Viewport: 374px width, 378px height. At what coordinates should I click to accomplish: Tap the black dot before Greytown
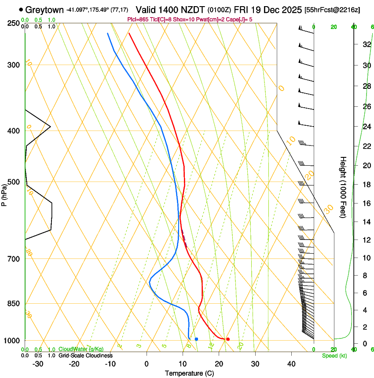tap(21, 9)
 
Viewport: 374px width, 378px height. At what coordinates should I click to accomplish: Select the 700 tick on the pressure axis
tap(14, 259)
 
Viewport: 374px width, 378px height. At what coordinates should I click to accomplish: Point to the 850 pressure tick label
tap(14, 304)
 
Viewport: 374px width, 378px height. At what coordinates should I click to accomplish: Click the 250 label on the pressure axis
tap(14, 23)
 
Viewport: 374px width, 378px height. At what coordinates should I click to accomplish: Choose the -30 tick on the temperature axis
tap(38, 364)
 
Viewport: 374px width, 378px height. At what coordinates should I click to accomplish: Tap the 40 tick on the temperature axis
tap(291, 364)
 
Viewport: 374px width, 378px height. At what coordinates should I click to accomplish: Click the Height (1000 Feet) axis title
tap(343, 187)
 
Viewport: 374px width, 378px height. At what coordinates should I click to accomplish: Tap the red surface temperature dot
tap(227, 339)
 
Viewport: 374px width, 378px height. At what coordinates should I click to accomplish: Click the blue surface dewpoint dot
tap(196, 339)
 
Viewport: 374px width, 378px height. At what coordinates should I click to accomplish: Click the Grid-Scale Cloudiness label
tap(85, 355)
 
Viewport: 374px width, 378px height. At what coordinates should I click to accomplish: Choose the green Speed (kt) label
tap(334, 355)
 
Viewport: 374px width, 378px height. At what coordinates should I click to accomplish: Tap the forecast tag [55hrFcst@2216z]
tap(332, 10)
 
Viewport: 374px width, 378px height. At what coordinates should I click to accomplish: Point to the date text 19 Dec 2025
tap(277, 10)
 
